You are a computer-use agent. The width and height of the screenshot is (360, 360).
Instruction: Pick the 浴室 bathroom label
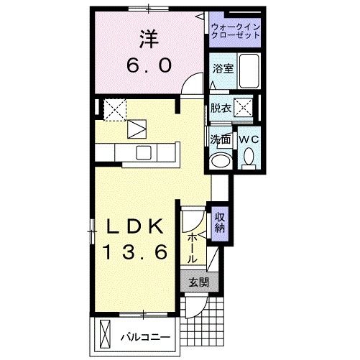click(222, 68)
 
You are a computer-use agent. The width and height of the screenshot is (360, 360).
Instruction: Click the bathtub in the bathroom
click(249, 70)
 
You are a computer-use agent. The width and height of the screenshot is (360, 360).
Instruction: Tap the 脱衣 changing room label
click(221, 109)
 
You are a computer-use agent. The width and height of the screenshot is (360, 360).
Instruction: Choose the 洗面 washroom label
click(221, 139)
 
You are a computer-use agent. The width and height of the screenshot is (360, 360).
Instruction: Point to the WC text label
click(249, 139)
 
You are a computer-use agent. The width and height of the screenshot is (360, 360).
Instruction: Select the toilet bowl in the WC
click(249, 156)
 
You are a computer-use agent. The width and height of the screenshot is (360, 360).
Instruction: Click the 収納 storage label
click(219, 222)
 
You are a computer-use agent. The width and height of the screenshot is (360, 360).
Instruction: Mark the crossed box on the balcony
click(106, 335)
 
